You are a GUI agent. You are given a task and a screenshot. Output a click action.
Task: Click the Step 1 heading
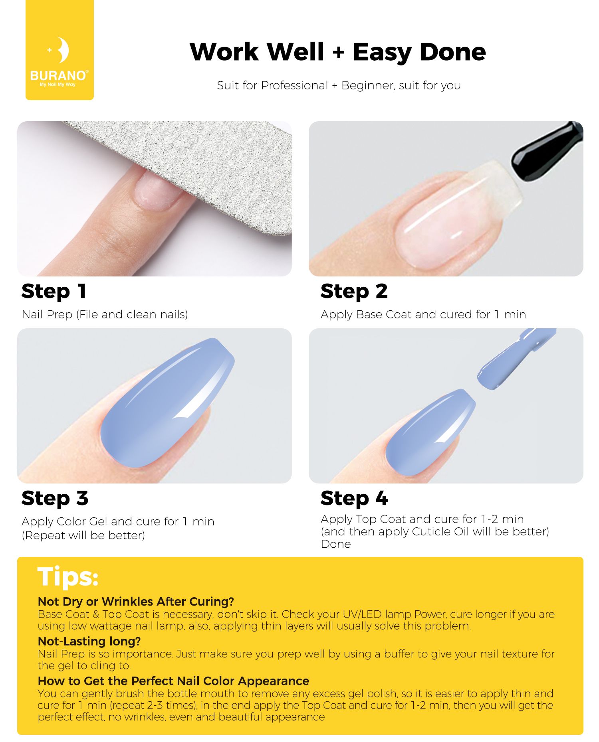coord(54,292)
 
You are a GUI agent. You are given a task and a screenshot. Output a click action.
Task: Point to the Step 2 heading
coord(354,292)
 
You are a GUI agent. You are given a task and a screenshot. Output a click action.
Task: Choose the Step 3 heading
coord(55,499)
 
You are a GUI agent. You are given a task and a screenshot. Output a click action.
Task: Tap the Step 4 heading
coord(354,499)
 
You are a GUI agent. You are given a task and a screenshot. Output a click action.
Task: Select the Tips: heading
coord(67,577)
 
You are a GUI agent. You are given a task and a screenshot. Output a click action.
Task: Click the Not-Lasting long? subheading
coord(89,641)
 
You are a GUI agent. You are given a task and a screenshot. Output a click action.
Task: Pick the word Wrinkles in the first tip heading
coord(129,602)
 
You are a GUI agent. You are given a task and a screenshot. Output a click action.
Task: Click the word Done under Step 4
coord(336,545)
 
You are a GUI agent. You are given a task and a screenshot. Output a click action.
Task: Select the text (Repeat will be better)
coord(83,536)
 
